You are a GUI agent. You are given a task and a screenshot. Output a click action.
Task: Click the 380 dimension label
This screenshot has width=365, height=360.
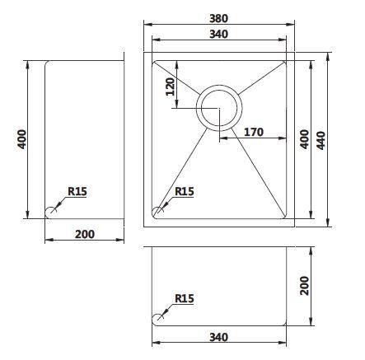(x=219, y=18)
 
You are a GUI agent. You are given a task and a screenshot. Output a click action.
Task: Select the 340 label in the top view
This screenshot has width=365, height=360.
(x=219, y=35)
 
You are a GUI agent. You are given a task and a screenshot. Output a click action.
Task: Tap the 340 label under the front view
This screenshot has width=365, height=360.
(x=219, y=337)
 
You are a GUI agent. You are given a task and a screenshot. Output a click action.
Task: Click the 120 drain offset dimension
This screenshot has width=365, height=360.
(x=171, y=86)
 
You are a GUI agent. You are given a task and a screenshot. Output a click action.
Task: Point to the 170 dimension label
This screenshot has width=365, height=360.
(x=254, y=132)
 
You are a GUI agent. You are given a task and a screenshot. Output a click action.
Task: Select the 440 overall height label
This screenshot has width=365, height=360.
(x=321, y=141)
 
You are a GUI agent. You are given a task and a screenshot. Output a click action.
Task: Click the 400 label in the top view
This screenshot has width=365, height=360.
(x=304, y=139)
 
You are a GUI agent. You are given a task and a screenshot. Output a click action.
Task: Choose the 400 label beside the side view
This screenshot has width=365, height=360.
(x=21, y=139)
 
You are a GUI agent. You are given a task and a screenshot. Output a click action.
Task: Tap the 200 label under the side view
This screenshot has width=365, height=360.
(x=85, y=234)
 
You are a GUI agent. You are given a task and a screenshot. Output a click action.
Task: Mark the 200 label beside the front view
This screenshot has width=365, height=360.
(x=304, y=286)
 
